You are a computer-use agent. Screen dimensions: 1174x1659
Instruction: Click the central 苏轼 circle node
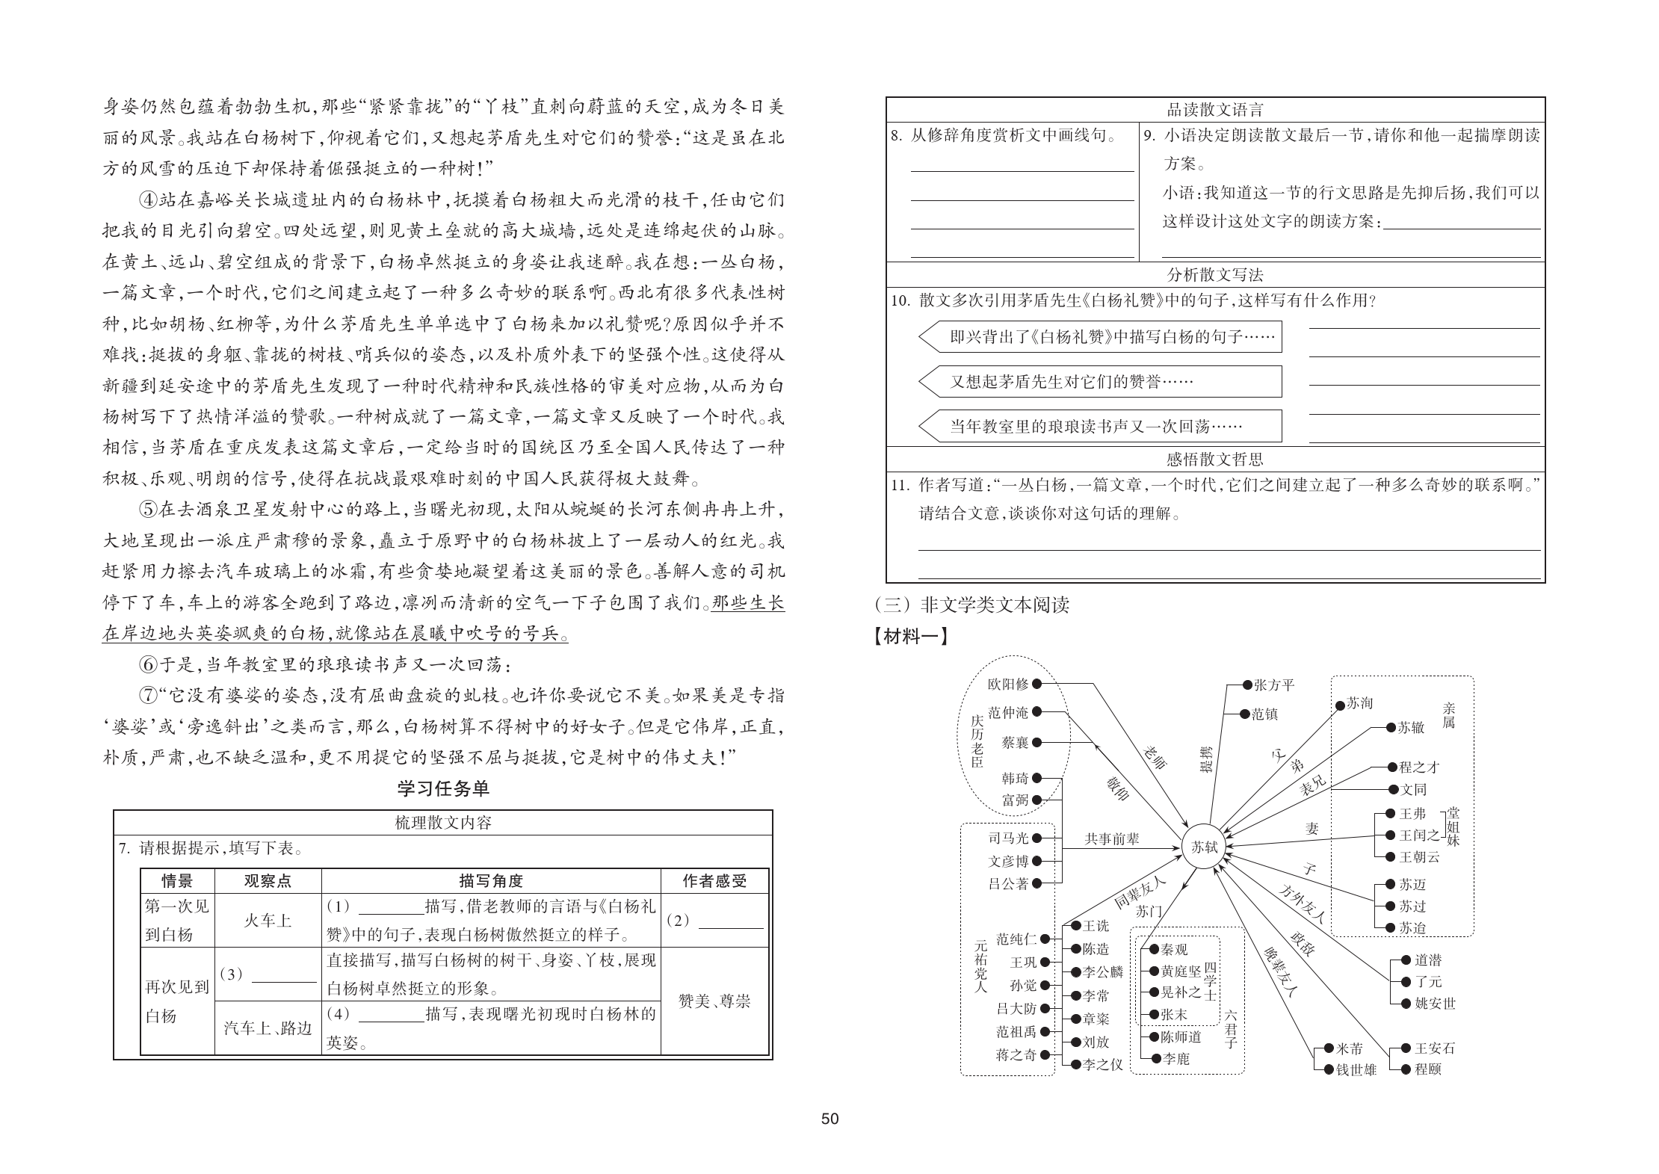(x=1204, y=847)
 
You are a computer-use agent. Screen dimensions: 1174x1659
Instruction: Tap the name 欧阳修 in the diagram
(x=1008, y=684)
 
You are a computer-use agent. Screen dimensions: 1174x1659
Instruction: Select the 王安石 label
(x=1435, y=1048)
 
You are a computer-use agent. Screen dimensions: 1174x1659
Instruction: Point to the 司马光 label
(x=1008, y=838)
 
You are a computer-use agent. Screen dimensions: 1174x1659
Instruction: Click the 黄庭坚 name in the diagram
(x=1181, y=971)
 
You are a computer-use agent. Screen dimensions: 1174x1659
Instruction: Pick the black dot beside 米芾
(x=1329, y=1048)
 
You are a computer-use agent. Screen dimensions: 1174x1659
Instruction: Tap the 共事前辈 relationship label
(x=1112, y=839)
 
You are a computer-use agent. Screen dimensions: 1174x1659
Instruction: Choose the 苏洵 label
(x=1359, y=704)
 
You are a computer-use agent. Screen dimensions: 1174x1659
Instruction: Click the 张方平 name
(x=1273, y=685)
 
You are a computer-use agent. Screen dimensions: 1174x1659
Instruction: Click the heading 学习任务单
(x=443, y=788)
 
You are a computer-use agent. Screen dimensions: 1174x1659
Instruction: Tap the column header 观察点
(x=268, y=881)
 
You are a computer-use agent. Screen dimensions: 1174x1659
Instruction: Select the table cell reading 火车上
(x=268, y=921)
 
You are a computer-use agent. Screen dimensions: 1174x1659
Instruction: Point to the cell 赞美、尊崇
(x=714, y=1001)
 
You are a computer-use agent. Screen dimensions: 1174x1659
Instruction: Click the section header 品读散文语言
(x=1215, y=111)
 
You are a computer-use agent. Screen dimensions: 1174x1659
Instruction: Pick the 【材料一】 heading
(x=911, y=637)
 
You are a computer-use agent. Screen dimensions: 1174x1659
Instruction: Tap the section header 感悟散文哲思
(x=1215, y=459)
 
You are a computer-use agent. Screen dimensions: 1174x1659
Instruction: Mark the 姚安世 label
(x=1436, y=1004)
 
